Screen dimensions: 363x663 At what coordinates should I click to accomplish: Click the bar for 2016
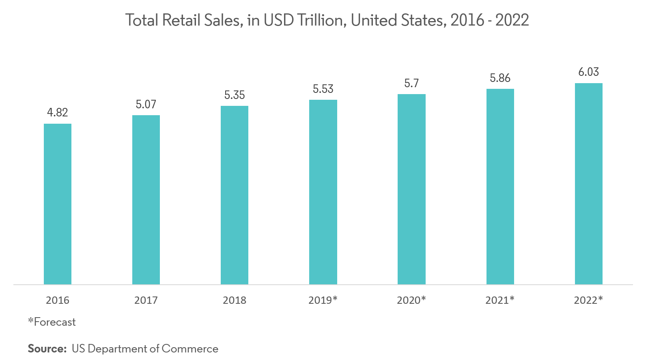(x=58, y=204)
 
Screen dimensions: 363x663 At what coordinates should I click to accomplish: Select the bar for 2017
(x=146, y=200)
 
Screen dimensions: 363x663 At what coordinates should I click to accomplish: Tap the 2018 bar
(x=235, y=195)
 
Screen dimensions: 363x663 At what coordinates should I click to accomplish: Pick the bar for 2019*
(x=323, y=192)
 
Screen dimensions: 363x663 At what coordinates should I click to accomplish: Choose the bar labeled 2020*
(x=411, y=189)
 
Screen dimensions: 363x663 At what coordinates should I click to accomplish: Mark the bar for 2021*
(x=500, y=187)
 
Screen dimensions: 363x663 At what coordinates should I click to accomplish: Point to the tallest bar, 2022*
(x=588, y=184)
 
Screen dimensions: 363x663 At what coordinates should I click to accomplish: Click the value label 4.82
(x=58, y=112)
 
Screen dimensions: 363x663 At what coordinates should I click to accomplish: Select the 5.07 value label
(x=146, y=104)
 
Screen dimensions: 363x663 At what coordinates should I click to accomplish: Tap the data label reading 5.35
(x=235, y=95)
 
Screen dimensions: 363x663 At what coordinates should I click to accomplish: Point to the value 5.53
(x=323, y=89)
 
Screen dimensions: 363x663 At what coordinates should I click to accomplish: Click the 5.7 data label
(x=411, y=83)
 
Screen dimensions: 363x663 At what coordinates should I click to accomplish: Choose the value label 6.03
(x=588, y=72)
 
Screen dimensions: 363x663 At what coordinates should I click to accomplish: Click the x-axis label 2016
(x=58, y=300)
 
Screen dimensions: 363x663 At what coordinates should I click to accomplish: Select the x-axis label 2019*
(x=323, y=300)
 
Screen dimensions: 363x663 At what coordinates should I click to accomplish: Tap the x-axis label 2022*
(x=588, y=300)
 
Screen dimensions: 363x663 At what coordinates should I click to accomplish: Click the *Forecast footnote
(x=52, y=322)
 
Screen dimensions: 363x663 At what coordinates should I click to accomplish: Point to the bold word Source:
(x=47, y=349)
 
